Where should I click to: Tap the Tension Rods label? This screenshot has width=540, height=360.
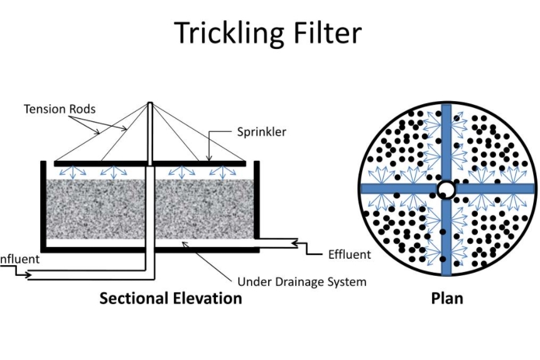[60, 109]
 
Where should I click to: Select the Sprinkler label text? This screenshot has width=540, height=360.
[262, 132]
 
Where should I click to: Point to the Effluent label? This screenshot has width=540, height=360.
[350, 254]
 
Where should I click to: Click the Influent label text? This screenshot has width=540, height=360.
[19, 259]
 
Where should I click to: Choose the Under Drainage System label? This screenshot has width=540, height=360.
[301, 281]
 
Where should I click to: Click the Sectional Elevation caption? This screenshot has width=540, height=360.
[170, 298]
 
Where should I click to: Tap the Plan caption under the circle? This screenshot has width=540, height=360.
[447, 298]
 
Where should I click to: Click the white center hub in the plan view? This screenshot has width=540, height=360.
[446, 188]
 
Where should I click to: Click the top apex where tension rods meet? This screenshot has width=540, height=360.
[150, 104]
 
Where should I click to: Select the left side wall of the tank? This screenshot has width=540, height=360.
[43, 204]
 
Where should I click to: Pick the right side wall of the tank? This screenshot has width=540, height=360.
[256, 201]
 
